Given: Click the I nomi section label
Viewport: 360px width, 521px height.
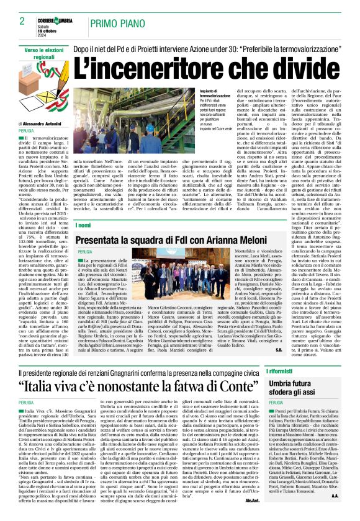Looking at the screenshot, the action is (x=84, y=225).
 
